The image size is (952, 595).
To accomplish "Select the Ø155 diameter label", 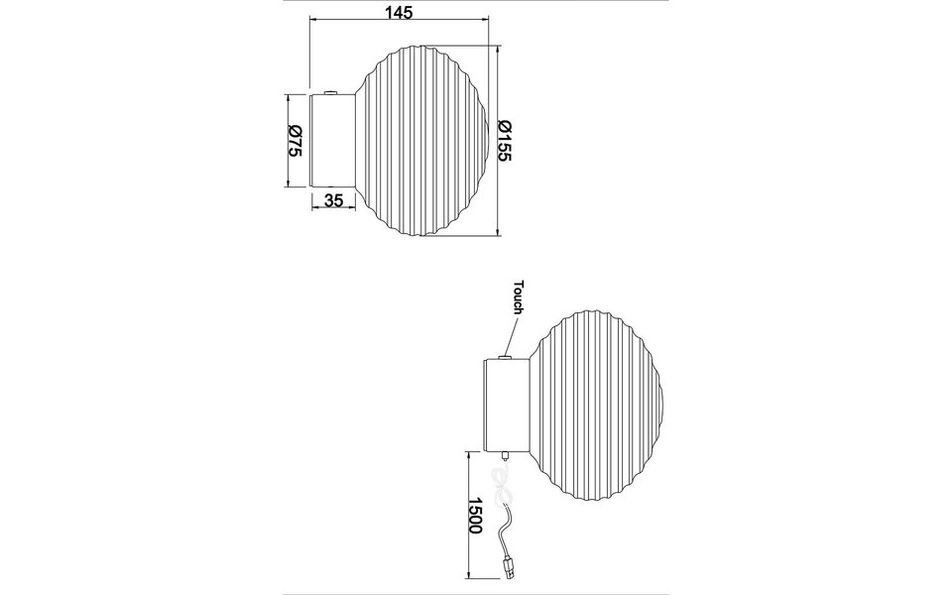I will click(x=504, y=141).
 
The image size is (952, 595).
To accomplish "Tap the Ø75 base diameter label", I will click(x=295, y=141).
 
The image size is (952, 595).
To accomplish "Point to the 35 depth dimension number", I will click(x=333, y=200).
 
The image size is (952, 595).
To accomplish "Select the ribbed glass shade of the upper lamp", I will click(x=421, y=139).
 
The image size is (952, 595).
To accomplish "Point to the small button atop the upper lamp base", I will click(x=331, y=92).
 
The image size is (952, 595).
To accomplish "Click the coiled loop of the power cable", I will click(x=502, y=489).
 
